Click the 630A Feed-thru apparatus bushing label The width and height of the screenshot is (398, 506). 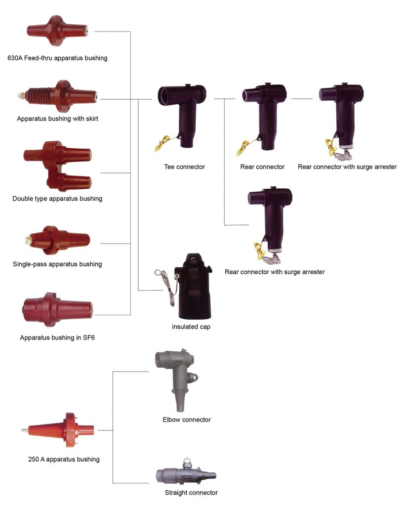pyautogui.click(x=57, y=58)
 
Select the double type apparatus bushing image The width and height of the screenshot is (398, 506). pyautogui.click(x=57, y=166)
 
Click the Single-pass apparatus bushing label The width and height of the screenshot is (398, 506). pyautogui.click(x=57, y=264)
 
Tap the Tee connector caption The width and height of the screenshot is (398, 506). pyautogui.click(x=184, y=167)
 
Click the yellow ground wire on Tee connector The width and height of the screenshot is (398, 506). pyautogui.click(x=163, y=144)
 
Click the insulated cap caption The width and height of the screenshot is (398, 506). pyautogui.click(x=191, y=327)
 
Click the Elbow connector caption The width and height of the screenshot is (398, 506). pyautogui.click(x=187, y=420)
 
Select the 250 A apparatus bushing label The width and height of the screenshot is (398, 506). pyautogui.click(x=64, y=460)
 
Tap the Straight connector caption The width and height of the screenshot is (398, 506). pyautogui.click(x=191, y=493)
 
